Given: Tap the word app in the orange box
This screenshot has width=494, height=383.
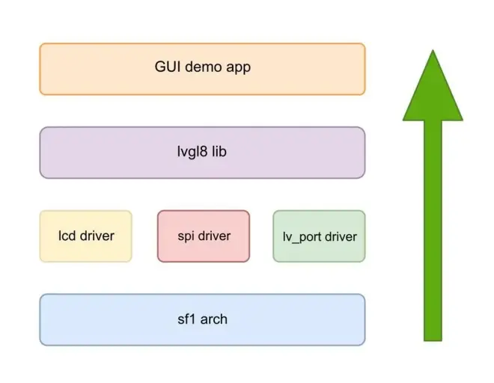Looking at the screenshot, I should [x=238, y=67].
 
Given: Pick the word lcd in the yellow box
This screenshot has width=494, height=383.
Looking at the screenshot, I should [x=67, y=236].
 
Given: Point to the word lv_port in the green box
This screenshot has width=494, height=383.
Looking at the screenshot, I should [x=300, y=237].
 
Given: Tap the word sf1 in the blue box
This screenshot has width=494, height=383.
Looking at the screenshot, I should [x=185, y=319].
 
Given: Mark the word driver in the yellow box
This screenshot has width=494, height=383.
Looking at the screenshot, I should [x=97, y=236].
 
